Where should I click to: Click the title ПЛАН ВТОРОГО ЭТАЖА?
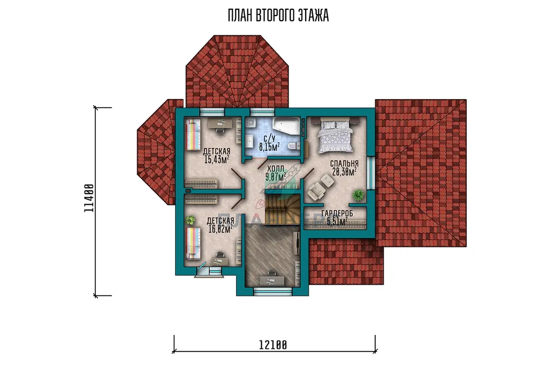tap(278, 15)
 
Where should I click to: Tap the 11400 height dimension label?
tap(89, 198)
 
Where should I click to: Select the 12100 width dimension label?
tap(273, 345)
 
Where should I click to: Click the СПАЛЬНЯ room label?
tap(344, 163)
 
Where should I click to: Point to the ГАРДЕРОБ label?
tap(337, 214)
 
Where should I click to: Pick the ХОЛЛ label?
tap(275, 168)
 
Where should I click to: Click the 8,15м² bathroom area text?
tap(269, 147)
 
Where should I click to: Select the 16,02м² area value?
tap(220, 229)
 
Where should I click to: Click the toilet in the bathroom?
tap(293, 146)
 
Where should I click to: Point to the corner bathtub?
tap(286, 126)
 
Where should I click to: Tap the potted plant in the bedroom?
tap(358, 195)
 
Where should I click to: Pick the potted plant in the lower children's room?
tap(191, 220)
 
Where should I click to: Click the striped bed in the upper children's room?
tap(193, 134)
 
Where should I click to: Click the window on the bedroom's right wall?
tap(371, 173)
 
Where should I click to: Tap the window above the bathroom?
tap(263, 112)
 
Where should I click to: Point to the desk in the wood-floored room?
tap(272, 281)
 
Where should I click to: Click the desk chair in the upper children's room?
tap(219, 130)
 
